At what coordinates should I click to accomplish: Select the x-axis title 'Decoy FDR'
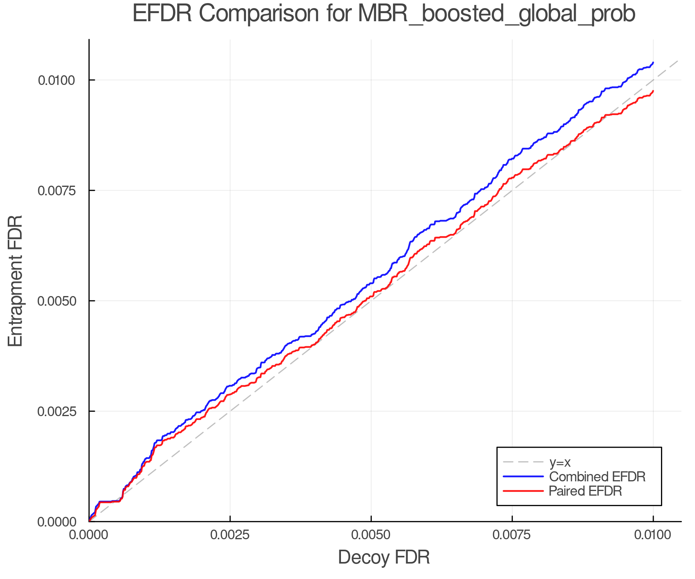click(384, 557)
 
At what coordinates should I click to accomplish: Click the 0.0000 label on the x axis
click(89, 535)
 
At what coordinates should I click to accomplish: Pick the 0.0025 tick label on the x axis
click(230, 535)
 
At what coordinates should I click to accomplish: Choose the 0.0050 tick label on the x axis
click(371, 535)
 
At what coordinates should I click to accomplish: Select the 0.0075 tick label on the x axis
click(512, 535)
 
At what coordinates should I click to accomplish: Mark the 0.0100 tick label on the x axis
click(653, 535)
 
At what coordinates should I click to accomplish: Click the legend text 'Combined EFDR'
click(597, 477)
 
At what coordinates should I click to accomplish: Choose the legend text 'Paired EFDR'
click(585, 491)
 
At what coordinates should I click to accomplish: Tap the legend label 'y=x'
click(560, 462)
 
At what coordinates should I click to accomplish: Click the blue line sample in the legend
click(523, 477)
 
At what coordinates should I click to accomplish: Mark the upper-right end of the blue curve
click(653, 63)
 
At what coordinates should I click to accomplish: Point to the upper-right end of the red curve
click(653, 91)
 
